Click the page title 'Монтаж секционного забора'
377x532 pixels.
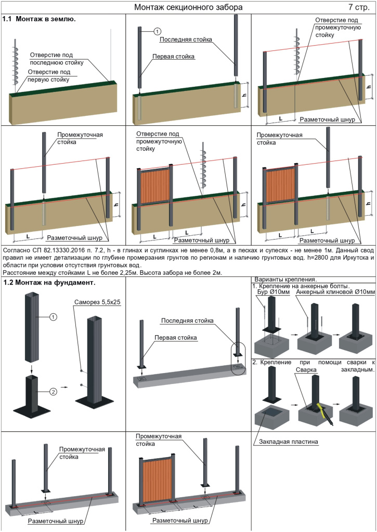coord(188,7)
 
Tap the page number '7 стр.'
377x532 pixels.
coord(359,7)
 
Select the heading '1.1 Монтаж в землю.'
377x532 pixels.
coord(39,19)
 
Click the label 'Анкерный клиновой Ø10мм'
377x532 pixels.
coord(335,292)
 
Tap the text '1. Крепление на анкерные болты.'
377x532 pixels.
coord(301,286)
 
